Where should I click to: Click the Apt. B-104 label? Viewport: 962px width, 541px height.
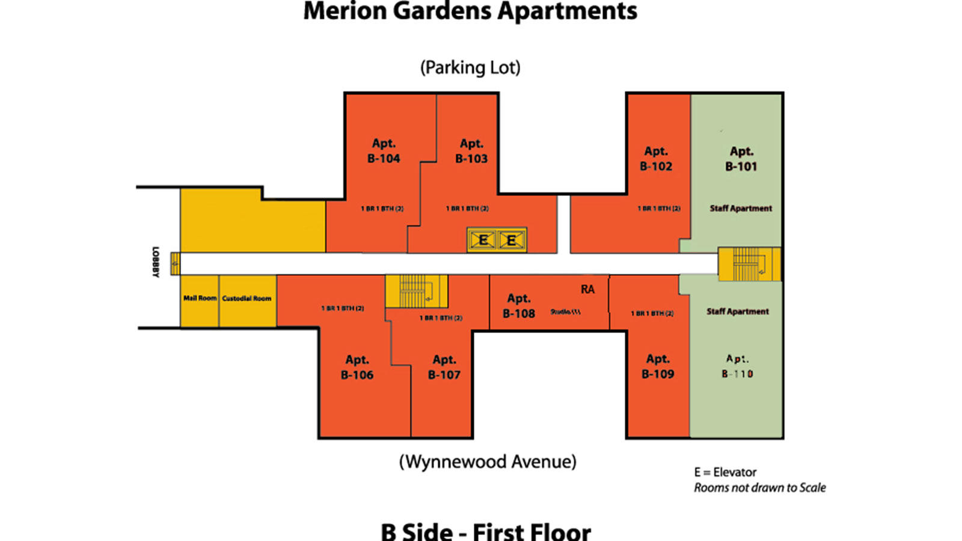coord(384,151)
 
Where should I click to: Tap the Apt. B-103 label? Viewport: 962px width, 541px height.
coord(471,151)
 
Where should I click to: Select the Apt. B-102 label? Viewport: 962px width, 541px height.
coord(656,159)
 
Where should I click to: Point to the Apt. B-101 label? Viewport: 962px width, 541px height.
coord(741,159)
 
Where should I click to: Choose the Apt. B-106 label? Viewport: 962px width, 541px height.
coord(357,367)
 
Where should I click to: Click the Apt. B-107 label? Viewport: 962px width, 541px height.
coord(444,367)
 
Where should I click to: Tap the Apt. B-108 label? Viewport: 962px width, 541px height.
coord(519,306)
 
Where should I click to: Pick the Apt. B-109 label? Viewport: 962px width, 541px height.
coord(658,366)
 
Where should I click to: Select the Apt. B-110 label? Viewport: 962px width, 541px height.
coord(737,366)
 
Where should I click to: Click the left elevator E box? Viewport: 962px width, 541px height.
coord(482,240)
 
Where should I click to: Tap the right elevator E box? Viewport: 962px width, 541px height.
coord(511,240)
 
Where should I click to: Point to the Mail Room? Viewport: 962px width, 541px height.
coord(200,298)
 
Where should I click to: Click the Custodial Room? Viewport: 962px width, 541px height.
coord(247,298)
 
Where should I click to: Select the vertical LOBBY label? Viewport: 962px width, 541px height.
coord(156,262)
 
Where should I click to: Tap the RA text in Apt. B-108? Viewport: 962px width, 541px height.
coord(587,290)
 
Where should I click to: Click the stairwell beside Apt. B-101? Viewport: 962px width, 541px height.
coord(749,264)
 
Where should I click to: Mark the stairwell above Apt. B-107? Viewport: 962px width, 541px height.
coord(415,292)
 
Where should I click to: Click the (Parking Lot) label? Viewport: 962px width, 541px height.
coord(470,67)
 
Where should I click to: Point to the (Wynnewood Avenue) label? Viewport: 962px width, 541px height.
coord(488,462)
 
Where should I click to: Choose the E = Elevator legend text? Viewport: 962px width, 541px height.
coord(725,472)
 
